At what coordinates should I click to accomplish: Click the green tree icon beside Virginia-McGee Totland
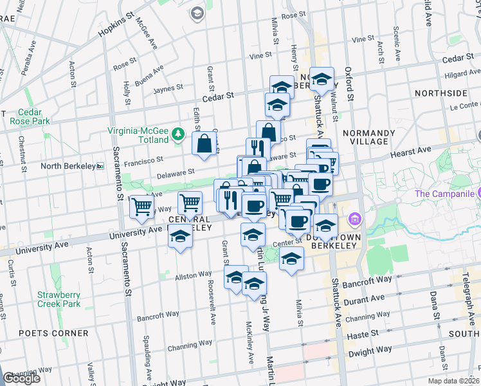pos(178,134)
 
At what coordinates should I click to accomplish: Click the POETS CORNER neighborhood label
pos(53,333)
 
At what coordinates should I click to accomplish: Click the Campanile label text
pos(444,194)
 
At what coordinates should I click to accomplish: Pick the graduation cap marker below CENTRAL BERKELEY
pos(180,237)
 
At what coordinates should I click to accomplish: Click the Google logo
pos(21,378)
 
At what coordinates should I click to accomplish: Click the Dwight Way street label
pos(370,352)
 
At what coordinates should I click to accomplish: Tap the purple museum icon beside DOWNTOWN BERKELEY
pos(353,221)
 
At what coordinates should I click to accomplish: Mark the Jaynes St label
pos(168,87)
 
